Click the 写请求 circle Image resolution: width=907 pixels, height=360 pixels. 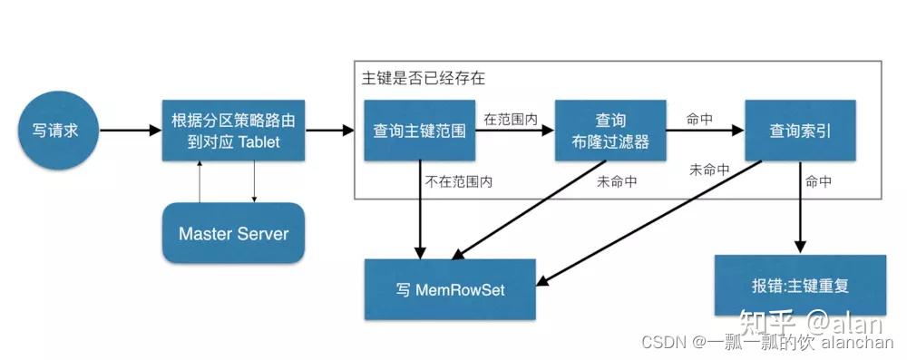[49, 130]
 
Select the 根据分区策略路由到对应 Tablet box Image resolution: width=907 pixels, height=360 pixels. [233, 131]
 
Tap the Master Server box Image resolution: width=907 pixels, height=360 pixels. [233, 234]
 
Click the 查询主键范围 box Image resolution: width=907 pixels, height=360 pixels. [419, 131]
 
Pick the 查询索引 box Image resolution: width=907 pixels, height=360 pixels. [800, 131]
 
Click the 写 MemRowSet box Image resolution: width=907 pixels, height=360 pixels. [450, 289]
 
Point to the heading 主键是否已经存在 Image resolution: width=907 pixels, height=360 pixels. [423, 79]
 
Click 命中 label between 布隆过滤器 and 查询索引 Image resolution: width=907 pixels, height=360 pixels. [699, 119]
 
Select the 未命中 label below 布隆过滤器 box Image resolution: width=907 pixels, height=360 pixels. [617, 181]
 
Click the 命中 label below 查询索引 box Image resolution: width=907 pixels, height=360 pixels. [819, 181]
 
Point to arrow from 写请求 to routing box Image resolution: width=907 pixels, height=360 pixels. [129, 131]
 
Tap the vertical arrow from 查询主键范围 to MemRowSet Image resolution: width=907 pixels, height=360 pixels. [420, 209]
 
